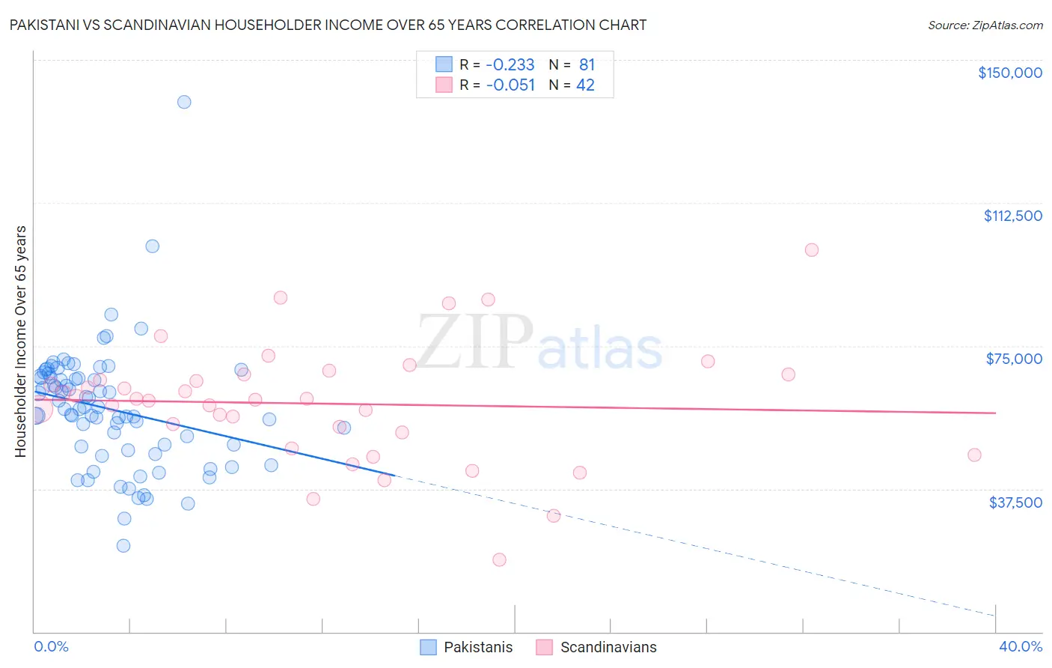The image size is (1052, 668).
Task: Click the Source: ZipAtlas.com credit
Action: tap(985, 25)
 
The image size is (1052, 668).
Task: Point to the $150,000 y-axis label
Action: tap(1009, 73)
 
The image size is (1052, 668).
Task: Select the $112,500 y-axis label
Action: tap(1012, 216)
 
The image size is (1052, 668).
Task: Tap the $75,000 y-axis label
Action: tap(1014, 359)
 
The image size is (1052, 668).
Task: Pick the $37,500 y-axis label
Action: tap(1015, 502)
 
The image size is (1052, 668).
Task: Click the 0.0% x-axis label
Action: tap(51, 646)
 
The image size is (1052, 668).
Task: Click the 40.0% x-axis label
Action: tap(1020, 646)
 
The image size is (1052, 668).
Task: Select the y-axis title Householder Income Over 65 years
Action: tap(21, 341)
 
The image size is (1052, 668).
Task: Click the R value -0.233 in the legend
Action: tap(510, 64)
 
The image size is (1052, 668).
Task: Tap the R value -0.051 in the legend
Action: tap(510, 85)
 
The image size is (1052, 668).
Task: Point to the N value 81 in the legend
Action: tap(587, 64)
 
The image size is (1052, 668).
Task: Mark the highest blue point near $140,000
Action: tap(184, 102)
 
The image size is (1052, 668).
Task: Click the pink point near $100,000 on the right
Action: tap(812, 250)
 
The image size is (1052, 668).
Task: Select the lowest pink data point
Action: tap(499, 559)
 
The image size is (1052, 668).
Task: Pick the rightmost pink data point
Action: tap(974, 455)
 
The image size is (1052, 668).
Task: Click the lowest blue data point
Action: tap(123, 545)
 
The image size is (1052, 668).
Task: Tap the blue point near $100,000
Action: tap(152, 246)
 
